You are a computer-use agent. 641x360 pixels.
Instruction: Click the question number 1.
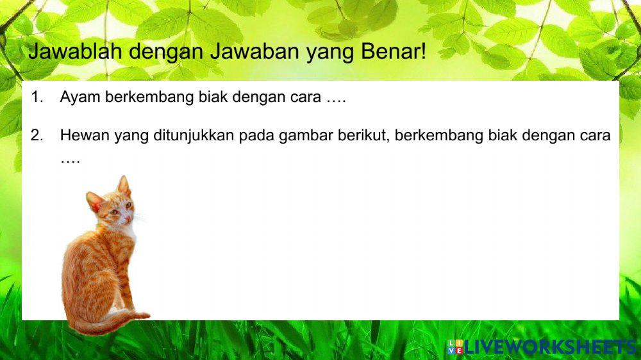tap(36, 98)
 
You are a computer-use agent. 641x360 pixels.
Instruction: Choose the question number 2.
tap(36, 136)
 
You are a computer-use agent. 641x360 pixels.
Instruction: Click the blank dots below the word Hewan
tap(70, 159)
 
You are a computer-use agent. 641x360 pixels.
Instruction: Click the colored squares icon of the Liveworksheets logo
tap(455, 347)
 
